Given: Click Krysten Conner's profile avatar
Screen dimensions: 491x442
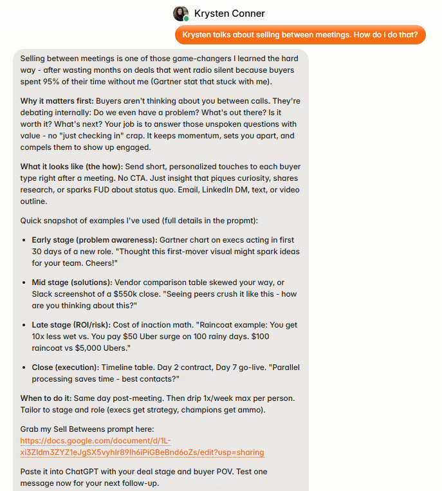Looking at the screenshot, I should pyautogui.click(x=181, y=14).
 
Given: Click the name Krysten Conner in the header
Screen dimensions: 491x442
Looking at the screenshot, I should pyautogui.click(x=229, y=14).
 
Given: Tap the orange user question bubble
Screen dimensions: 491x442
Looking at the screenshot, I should pyautogui.click(x=300, y=35).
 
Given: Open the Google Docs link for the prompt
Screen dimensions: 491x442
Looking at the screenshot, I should pyautogui.click(x=142, y=447).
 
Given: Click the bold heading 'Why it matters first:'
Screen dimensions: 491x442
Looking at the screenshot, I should pyautogui.click(x=57, y=101).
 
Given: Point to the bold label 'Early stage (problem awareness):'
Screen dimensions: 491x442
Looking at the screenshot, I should pyautogui.click(x=93, y=240).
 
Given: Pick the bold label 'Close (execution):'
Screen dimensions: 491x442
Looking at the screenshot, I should pyautogui.click(x=66, y=367).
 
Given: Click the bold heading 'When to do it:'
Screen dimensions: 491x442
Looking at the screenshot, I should pyautogui.click(x=49, y=398).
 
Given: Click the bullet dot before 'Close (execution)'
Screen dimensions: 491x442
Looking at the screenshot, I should pyautogui.click(x=24, y=368).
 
